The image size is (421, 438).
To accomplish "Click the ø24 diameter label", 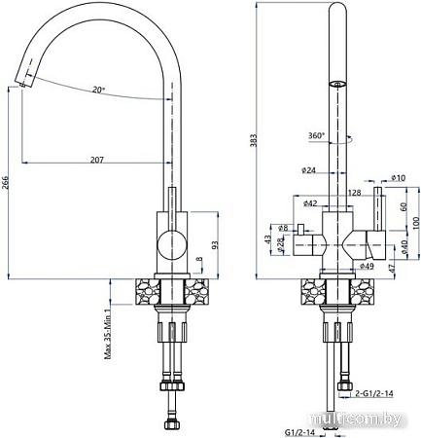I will [x=310, y=170].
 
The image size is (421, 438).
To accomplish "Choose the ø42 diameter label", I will [x=310, y=202].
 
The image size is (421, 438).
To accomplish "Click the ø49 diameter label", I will [x=367, y=266].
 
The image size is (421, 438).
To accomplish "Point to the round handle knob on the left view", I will [x=168, y=242].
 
